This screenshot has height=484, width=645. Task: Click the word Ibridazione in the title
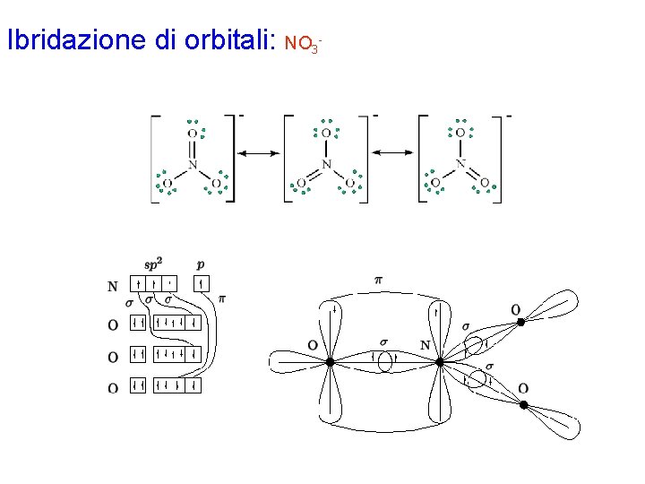pos(73,41)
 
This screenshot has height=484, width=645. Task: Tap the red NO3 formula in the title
pos(302,43)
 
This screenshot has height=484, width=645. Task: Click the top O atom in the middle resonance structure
pos(326,133)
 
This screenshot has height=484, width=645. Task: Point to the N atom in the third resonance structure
pos(460,165)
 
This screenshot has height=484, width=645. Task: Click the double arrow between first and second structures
pos(259,154)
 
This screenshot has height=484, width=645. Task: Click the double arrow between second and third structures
pos(393,154)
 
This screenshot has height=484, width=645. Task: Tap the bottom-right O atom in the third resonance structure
pos(485,184)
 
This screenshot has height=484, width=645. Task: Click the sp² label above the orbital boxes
pos(154,264)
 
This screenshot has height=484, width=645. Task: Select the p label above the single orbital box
pos(200,264)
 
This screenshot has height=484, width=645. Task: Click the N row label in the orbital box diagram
pos(113,288)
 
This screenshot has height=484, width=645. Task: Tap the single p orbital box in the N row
pos(201,286)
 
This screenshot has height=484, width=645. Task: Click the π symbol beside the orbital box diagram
pos(221,298)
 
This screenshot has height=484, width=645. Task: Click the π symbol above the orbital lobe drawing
pos(378,281)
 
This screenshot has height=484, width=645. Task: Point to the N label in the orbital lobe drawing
pos(425,345)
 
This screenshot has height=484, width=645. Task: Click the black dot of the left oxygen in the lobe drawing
pos(330,362)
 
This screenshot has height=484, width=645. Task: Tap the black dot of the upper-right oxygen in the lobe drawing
pos(522,321)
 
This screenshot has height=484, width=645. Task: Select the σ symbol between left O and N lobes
pos(383,341)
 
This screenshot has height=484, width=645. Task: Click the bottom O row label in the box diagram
pos(113,388)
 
